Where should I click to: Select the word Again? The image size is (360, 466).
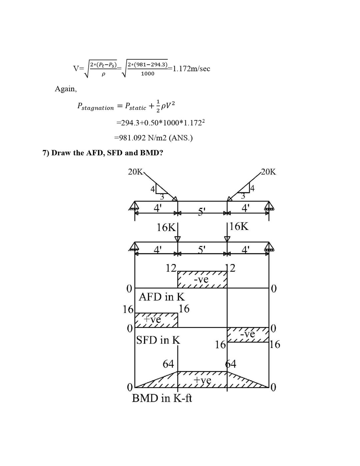pos(65,89)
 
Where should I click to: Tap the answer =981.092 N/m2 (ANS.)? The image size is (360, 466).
pos(153,138)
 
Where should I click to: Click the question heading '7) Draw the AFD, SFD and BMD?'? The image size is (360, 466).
pos(103,153)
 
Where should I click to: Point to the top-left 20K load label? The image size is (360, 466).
pos(135,172)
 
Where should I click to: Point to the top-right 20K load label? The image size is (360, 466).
pos(269,172)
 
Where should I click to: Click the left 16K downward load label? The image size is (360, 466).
pos(166,228)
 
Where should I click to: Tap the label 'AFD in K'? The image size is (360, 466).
pos(162,297)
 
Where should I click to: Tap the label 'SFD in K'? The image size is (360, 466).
pos(158,340)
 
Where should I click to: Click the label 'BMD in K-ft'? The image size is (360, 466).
pos(162,398)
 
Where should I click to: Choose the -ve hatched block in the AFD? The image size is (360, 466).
pos(202,279)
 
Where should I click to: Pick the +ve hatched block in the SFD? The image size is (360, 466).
pos(156,320)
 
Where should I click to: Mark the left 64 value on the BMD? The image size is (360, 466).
pos(168,364)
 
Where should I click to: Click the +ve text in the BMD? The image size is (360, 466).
pos(202,380)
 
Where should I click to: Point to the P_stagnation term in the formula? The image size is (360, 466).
pos(96,106)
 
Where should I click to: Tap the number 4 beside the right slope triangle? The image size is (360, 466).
pos(252,188)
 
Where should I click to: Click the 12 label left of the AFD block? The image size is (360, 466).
pos(171,268)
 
